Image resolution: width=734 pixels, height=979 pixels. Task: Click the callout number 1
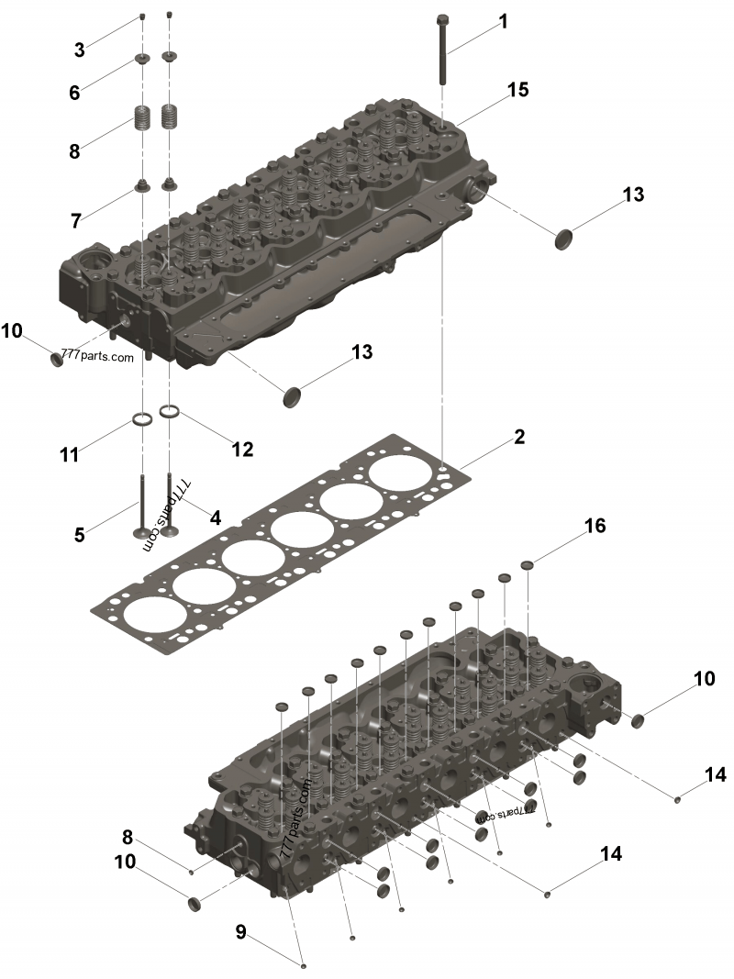click(503, 22)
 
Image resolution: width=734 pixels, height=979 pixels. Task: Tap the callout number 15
click(517, 90)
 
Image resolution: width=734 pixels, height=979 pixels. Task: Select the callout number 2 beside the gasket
click(519, 437)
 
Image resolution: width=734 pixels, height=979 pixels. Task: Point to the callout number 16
click(595, 526)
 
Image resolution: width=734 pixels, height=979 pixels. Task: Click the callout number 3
click(79, 50)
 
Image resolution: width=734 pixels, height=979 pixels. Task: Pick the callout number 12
click(242, 450)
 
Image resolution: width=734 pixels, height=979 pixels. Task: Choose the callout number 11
click(69, 454)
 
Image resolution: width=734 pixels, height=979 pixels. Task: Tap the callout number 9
click(241, 933)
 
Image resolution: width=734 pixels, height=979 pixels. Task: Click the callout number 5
click(79, 535)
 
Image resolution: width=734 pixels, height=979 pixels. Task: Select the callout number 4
click(216, 517)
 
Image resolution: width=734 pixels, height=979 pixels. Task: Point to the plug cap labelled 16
click(528, 565)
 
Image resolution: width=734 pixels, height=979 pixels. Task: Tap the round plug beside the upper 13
click(564, 239)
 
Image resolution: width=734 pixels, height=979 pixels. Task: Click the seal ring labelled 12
click(171, 411)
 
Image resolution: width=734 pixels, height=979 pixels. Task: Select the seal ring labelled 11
click(143, 419)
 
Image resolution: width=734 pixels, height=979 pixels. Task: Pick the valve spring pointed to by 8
click(143, 117)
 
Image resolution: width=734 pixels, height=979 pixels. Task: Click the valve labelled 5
click(143, 506)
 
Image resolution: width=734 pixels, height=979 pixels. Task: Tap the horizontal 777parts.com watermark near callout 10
click(97, 356)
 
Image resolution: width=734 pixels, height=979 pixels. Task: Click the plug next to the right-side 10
click(639, 720)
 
